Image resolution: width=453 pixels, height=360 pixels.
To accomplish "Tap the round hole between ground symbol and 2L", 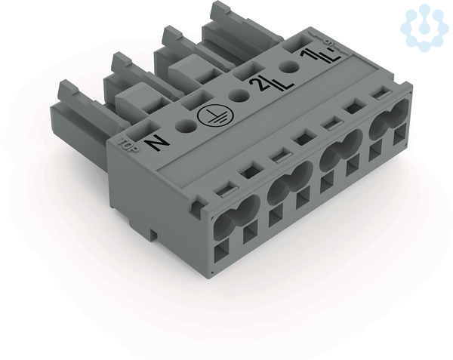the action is click(x=239, y=95).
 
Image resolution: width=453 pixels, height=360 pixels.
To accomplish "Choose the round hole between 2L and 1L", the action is click(x=290, y=68).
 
